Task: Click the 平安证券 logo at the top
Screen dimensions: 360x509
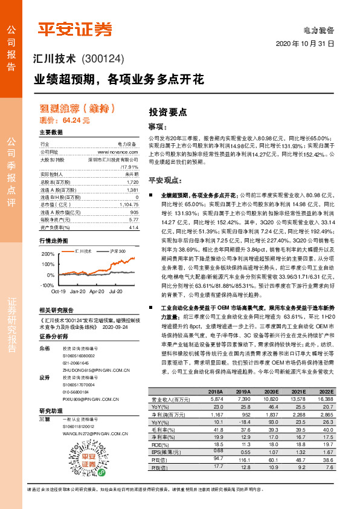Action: click(75, 28)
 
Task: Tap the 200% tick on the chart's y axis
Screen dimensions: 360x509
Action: click(47, 254)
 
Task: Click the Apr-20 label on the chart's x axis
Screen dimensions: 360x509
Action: click(97, 291)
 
